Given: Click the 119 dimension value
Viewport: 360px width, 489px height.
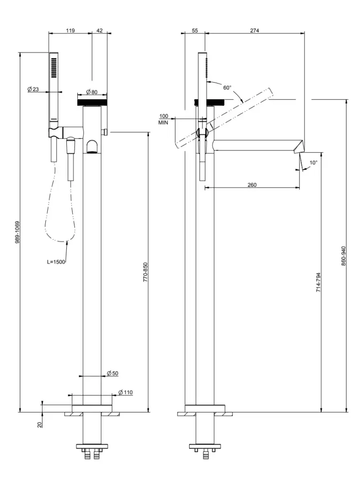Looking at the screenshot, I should (70, 30).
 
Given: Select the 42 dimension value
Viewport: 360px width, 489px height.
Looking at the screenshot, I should (99, 30).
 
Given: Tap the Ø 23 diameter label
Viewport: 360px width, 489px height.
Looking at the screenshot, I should (33, 89).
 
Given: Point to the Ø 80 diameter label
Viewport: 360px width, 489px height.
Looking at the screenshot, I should (92, 92).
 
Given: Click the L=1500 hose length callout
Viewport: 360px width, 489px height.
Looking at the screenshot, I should (56, 261).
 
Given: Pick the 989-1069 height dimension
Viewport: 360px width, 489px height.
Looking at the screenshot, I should (17, 232).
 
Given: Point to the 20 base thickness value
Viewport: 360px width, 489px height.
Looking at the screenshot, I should (40, 423).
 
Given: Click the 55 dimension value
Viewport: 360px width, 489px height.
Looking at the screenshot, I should (195, 30).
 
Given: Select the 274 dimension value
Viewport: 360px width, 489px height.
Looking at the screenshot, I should (254, 30).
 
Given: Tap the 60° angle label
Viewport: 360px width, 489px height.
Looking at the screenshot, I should (227, 87).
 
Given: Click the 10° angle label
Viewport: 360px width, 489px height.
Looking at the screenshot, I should (313, 163).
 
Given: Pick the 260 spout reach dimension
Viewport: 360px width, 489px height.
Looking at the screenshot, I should (252, 185).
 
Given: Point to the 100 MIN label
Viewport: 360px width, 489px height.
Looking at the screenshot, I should (163, 119).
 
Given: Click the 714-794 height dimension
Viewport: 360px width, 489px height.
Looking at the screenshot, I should (318, 282).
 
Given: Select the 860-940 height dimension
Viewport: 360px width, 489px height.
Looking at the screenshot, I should (344, 256).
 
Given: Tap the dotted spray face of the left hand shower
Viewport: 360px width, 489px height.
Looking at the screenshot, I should (53, 67).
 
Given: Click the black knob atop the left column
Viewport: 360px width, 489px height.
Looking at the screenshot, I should (92, 102).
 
